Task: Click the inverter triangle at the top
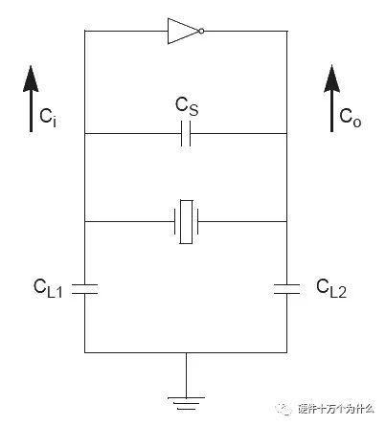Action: click(x=183, y=31)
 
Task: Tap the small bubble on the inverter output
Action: click(x=201, y=31)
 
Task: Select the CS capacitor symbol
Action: click(x=186, y=133)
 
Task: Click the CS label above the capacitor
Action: click(x=187, y=106)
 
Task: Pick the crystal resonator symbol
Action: click(x=186, y=221)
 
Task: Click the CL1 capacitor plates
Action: click(x=84, y=288)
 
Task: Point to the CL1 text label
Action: click(x=48, y=288)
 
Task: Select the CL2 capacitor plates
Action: click(x=286, y=288)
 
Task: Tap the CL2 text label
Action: click(x=331, y=288)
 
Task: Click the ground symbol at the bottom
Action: click(x=186, y=403)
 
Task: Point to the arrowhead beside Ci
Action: click(x=31, y=78)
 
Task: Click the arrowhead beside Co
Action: click(x=331, y=78)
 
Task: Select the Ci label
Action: click(x=48, y=117)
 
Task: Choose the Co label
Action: click(x=351, y=118)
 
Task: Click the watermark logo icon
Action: click(x=284, y=409)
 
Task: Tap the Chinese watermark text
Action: click(x=336, y=409)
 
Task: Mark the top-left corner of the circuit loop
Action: click(x=84, y=31)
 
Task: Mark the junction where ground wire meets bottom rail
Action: click(x=186, y=352)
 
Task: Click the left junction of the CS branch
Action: click(x=84, y=133)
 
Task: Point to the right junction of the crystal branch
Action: click(x=286, y=221)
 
